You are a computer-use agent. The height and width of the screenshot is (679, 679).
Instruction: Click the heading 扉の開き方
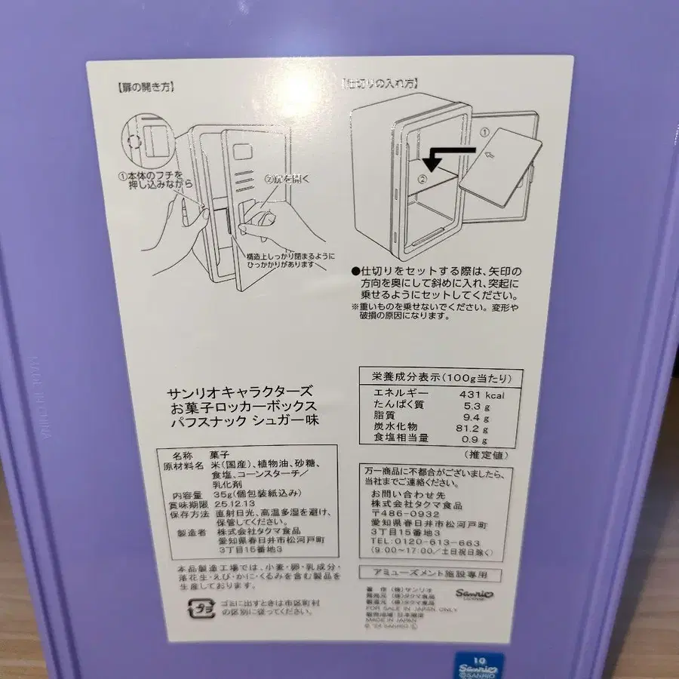pyautogui.click(x=146, y=86)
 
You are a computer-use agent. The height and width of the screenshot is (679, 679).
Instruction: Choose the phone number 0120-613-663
pyautogui.click(x=437, y=542)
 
